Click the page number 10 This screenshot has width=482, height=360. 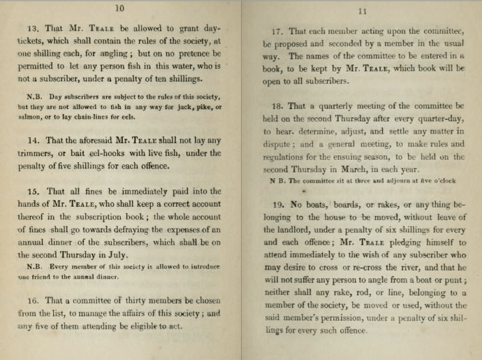(118, 8)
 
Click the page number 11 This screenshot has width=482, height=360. (362, 11)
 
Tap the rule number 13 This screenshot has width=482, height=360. (34, 29)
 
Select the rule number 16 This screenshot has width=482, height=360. (32, 301)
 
